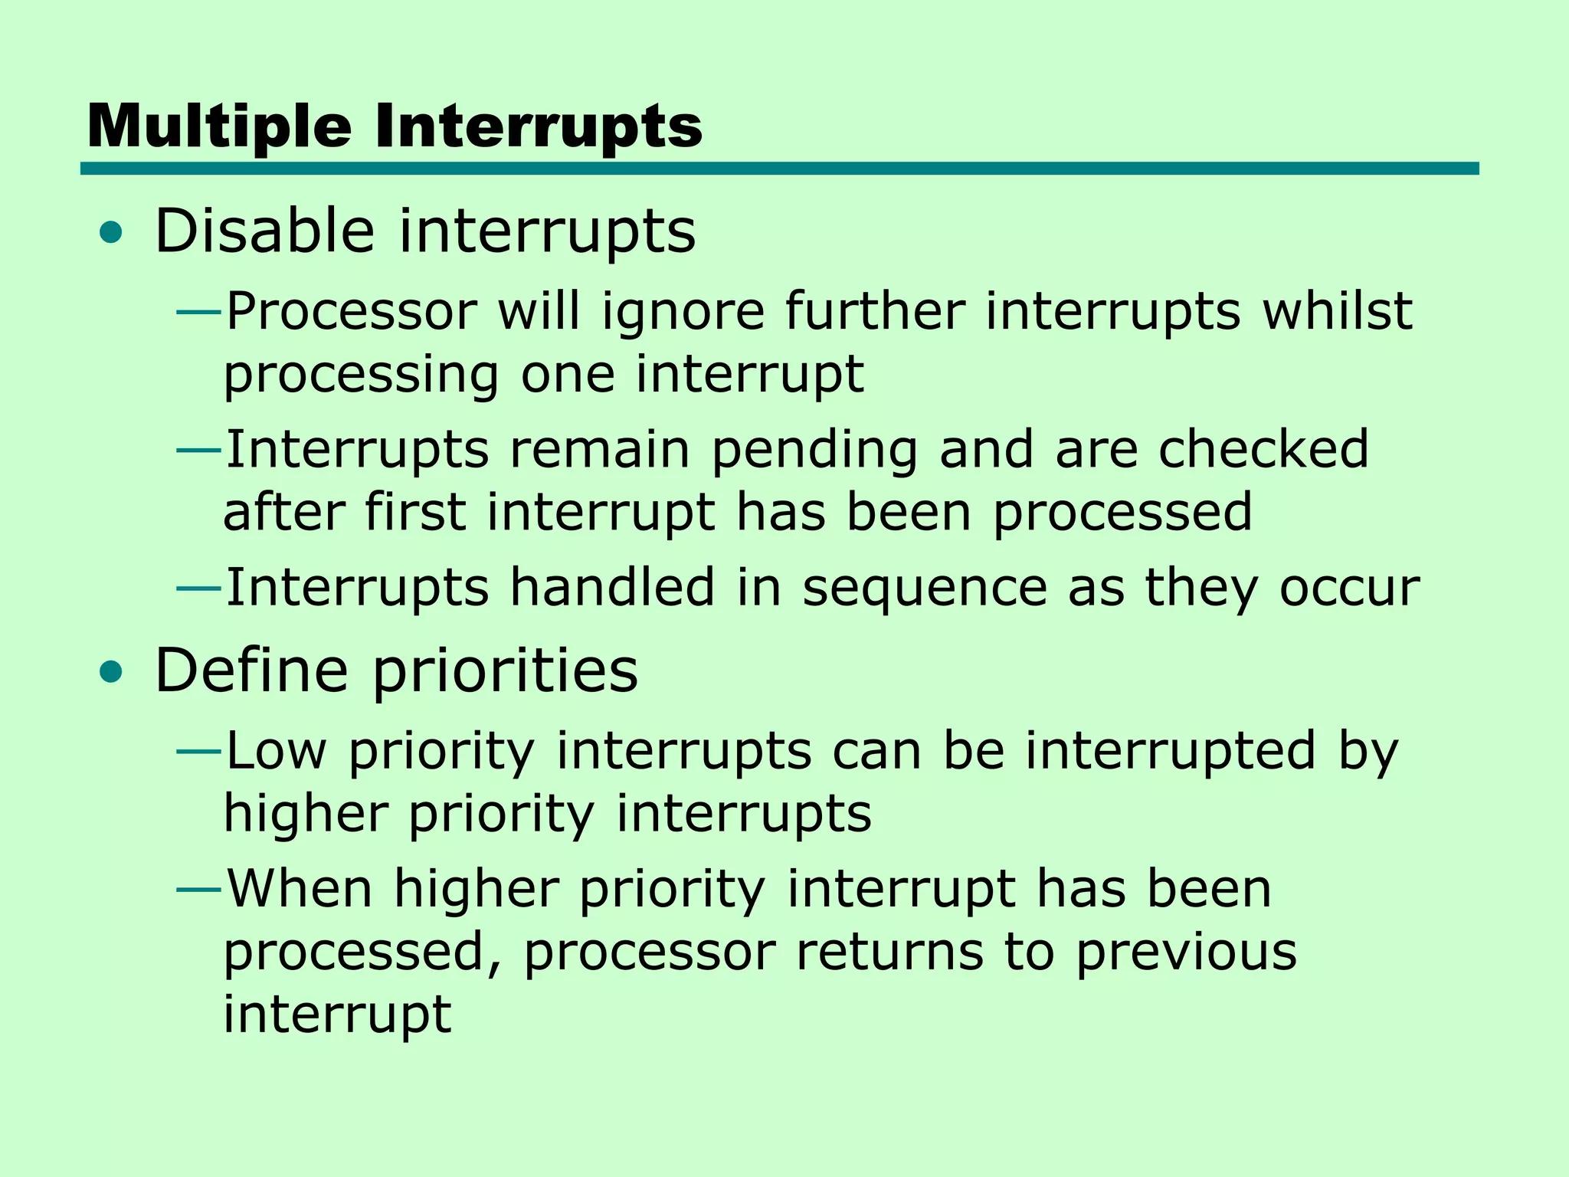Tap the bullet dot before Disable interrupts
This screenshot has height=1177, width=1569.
(x=111, y=233)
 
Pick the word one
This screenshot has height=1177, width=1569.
(x=568, y=375)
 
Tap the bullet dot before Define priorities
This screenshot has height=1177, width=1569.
(x=111, y=673)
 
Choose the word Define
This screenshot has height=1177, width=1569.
(x=252, y=670)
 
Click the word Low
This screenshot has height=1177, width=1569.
(x=277, y=751)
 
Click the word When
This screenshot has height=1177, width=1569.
(x=300, y=889)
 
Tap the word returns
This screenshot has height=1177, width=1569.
(x=889, y=953)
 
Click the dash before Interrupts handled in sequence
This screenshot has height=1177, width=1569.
(x=198, y=588)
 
